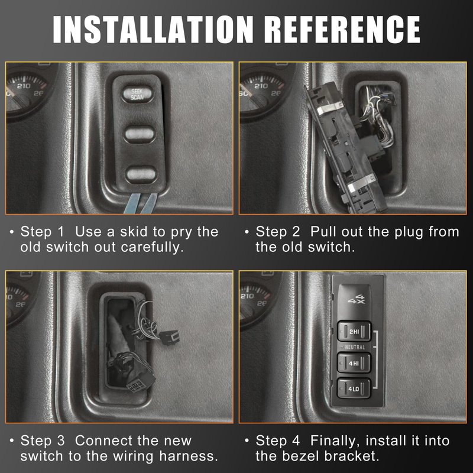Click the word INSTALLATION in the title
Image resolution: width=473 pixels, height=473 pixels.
tap(153, 29)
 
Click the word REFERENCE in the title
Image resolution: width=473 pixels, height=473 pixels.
tap(344, 29)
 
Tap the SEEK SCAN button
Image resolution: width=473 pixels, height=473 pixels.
tap(137, 94)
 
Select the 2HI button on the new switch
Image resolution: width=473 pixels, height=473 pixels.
tap(354, 332)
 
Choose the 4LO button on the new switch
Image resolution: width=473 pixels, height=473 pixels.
tap(354, 388)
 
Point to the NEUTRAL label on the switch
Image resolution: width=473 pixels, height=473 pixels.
tap(355, 347)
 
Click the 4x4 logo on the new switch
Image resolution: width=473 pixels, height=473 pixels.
tap(357, 299)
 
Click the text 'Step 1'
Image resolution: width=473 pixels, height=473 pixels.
tap(42, 232)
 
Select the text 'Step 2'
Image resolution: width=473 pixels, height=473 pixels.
tap(277, 232)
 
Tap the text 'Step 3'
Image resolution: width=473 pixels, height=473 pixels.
tap(43, 440)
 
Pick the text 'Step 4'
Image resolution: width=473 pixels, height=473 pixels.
tap(277, 440)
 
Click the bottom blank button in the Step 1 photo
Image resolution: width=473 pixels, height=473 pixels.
tap(141, 174)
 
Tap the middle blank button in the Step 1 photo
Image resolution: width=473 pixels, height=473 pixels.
tap(140, 134)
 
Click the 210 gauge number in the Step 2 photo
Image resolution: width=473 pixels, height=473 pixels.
tap(261, 86)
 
